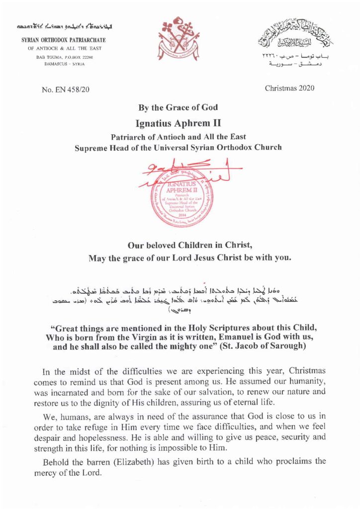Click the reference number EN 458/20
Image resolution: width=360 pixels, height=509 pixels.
tap(65, 90)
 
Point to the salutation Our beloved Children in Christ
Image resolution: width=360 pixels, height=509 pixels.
tap(180, 245)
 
